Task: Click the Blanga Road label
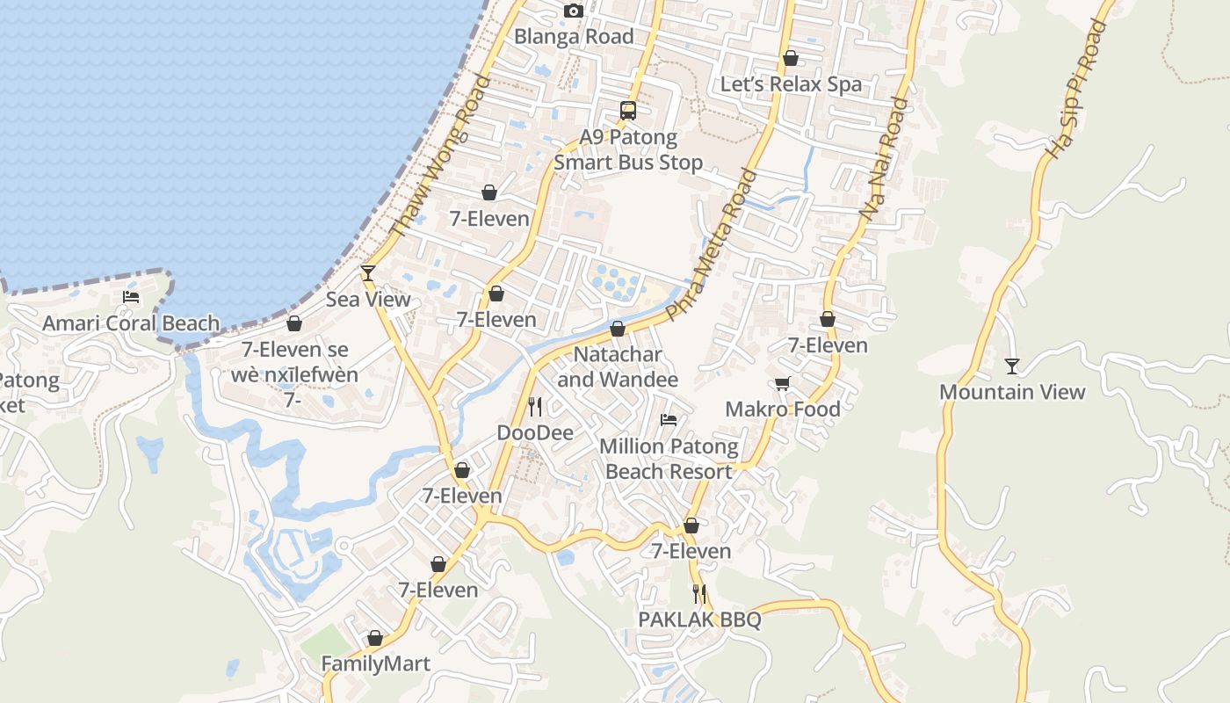pyautogui.click(x=573, y=36)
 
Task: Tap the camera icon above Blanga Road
pyautogui.click(x=574, y=11)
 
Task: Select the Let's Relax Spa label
pyautogui.click(x=791, y=84)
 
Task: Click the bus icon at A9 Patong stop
pyautogui.click(x=628, y=110)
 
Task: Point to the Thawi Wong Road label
pyautogui.click(x=440, y=156)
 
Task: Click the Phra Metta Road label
pyautogui.click(x=712, y=244)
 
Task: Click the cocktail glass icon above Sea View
pyautogui.click(x=368, y=273)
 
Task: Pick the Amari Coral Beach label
pyautogui.click(x=131, y=323)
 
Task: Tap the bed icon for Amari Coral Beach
pyautogui.click(x=131, y=297)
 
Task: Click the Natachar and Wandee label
pyautogui.click(x=618, y=366)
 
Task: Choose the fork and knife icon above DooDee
pyautogui.click(x=534, y=406)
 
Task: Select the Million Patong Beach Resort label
pyautogui.click(x=669, y=459)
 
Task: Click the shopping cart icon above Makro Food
pyautogui.click(x=782, y=383)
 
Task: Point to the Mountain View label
pyautogui.click(x=1012, y=392)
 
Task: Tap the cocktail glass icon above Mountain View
pyautogui.click(x=1012, y=366)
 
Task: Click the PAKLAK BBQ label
pyautogui.click(x=699, y=620)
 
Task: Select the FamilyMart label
pyautogui.click(x=375, y=663)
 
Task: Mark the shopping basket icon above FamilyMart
pyautogui.click(x=375, y=638)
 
